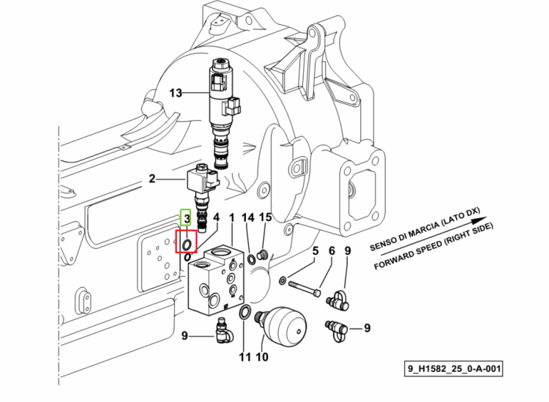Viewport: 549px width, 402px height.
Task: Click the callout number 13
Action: click(176, 93)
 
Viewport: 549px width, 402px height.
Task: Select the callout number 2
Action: click(152, 179)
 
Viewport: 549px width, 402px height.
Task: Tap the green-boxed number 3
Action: click(187, 218)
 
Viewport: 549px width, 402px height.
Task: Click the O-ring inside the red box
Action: click(187, 244)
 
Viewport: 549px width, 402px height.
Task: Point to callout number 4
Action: click(217, 217)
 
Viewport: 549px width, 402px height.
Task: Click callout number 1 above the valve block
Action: click(231, 217)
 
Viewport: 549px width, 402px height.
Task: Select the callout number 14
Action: click(248, 217)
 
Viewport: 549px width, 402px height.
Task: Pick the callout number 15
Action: click(266, 217)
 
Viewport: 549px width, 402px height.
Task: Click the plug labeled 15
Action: click(262, 255)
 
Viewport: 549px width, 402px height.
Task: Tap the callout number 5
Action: click(315, 250)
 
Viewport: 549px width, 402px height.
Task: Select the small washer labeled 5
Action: click(283, 280)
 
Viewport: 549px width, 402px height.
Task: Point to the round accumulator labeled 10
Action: click(283, 326)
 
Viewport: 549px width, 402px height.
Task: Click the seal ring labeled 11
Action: click(244, 313)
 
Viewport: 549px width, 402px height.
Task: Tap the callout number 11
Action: click(244, 357)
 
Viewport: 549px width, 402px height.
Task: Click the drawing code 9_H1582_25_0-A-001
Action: click(454, 368)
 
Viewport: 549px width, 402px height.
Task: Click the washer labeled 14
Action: click(251, 260)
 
